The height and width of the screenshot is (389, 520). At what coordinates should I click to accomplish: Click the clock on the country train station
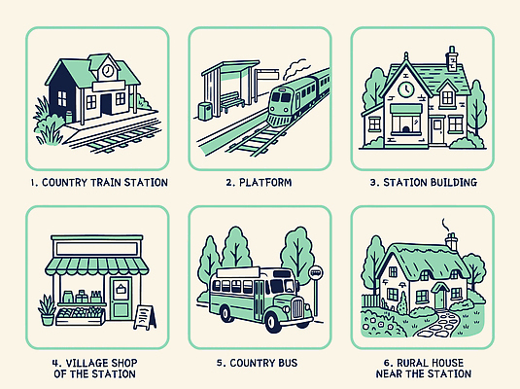108,71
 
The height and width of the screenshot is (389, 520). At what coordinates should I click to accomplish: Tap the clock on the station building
406,89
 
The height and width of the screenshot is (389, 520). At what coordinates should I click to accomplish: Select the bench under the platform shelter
231,101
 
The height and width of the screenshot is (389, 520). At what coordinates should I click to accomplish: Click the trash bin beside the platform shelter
205,111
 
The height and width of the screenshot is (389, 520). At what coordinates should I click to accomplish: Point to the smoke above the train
295,69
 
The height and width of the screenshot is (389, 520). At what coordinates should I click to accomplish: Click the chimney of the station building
452,58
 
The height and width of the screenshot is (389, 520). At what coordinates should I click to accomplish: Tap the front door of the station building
438,130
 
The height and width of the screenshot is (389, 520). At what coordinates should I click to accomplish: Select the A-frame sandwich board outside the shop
145,317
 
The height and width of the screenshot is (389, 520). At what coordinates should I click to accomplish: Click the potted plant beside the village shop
47,310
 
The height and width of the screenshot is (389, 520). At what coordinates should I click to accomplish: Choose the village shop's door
121,298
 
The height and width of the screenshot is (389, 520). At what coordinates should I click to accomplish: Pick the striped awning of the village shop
97,266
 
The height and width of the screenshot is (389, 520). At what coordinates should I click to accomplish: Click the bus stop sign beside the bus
316,291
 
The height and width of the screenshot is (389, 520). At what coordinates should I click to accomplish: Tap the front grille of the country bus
297,307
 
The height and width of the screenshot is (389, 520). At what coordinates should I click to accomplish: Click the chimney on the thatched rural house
451,240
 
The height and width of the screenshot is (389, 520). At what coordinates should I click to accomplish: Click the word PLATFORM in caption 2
265,182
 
